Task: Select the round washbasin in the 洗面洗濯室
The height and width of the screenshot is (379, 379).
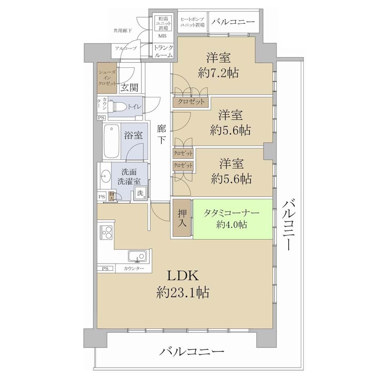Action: (x=105, y=176)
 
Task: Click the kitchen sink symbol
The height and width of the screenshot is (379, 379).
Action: (x=137, y=256)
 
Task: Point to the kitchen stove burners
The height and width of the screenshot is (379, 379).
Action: (x=106, y=232)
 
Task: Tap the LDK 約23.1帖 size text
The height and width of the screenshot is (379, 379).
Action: (x=183, y=284)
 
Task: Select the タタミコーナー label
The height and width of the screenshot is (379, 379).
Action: (x=231, y=213)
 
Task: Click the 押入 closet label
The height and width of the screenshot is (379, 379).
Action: (x=182, y=218)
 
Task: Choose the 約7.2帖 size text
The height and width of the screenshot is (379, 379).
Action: (x=218, y=72)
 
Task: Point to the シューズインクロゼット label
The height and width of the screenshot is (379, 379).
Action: (x=107, y=78)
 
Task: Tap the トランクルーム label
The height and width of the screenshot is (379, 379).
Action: (x=164, y=51)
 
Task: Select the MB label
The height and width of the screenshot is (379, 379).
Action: (x=162, y=36)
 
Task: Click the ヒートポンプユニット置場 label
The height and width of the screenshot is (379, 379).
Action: (x=192, y=22)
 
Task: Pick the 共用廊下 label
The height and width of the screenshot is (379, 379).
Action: (x=123, y=31)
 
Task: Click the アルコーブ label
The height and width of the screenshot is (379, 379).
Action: (x=126, y=48)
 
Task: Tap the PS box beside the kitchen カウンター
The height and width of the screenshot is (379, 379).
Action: (x=105, y=269)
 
